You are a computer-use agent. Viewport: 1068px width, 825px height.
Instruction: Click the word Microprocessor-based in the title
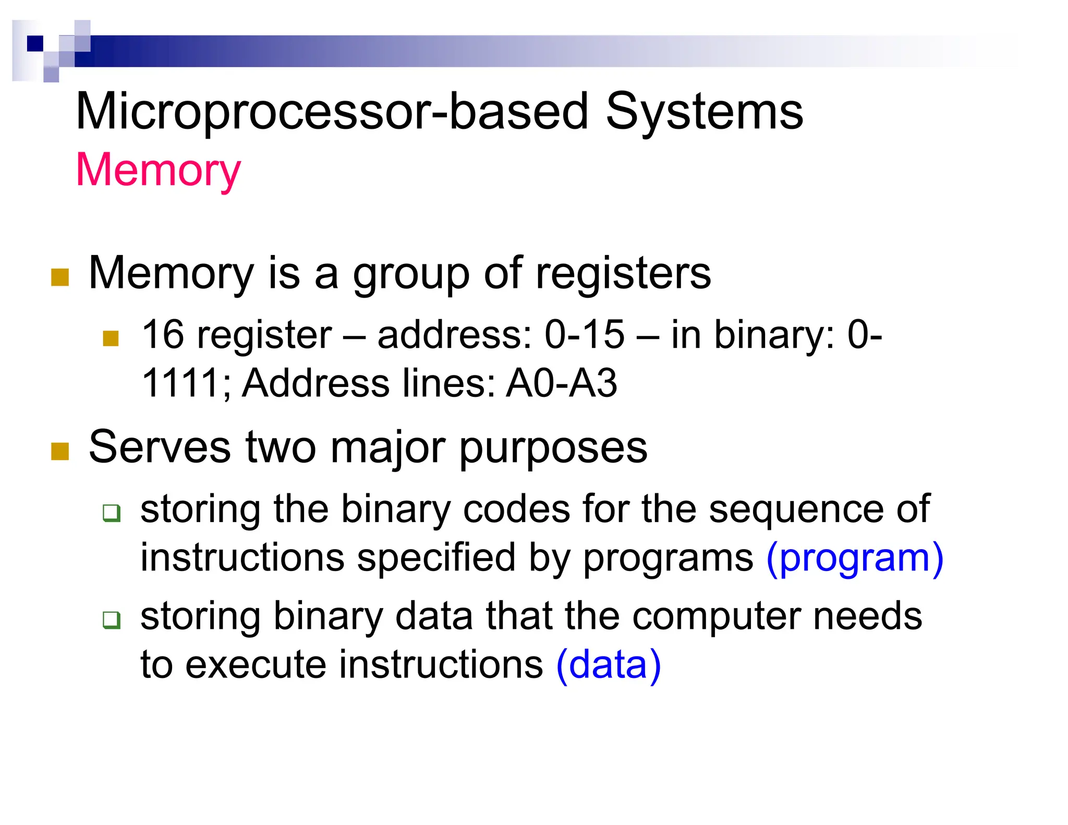[x=332, y=112]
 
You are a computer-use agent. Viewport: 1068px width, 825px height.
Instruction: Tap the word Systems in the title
[x=704, y=112]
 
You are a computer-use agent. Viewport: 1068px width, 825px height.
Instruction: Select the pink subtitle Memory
[x=158, y=171]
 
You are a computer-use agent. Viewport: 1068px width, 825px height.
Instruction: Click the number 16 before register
[x=163, y=334]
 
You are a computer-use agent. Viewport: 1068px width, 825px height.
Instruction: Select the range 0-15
[x=584, y=334]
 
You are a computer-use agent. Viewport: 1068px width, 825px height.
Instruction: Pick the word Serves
[x=160, y=447]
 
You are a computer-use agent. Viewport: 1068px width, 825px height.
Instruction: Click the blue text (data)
[x=609, y=665]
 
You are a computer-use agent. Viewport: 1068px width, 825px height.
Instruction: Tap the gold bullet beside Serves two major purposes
[x=60, y=452]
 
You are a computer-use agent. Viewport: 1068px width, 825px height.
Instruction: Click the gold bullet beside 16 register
[x=111, y=338]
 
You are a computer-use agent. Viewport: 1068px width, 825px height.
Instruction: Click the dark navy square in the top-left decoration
[x=35, y=43]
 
